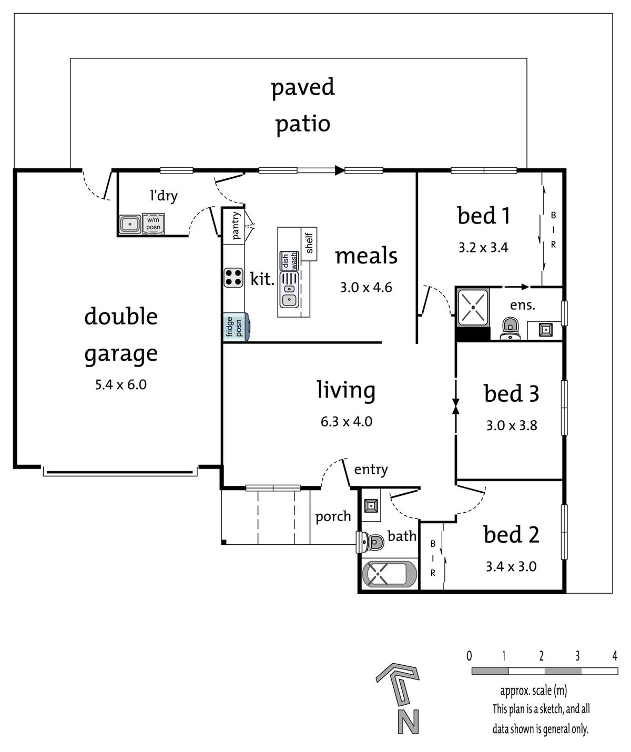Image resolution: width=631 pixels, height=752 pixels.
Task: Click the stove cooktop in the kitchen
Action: pos(233,278)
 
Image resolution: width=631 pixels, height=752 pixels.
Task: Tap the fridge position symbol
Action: pos(236,327)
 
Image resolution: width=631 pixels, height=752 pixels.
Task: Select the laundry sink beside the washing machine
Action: pos(130,224)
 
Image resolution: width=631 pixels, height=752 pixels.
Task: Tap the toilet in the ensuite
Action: pos(510,329)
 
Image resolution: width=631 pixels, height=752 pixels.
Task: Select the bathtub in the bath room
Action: pos(389,574)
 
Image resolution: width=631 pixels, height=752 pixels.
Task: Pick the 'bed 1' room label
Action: pos(483,216)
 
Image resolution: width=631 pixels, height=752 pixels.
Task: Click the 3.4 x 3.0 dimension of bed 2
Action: pos(511,567)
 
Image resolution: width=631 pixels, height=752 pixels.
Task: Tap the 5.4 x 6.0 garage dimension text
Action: pos(120,384)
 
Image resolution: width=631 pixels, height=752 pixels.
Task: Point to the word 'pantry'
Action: pos(236,226)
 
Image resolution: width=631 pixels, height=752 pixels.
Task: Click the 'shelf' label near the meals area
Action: pos(309,243)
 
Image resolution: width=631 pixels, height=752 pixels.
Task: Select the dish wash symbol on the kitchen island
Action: pos(289,261)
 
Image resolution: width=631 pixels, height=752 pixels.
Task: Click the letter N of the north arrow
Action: pos(409,721)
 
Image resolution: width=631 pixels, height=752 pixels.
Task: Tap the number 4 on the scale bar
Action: pos(614,655)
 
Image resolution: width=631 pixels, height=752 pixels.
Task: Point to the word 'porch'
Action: pos(333,517)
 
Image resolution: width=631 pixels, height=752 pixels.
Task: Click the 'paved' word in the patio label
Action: pos(302,87)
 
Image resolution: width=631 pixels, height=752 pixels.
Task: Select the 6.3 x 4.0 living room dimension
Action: pos(347,421)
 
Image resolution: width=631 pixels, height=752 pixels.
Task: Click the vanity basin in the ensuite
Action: pos(546,330)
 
